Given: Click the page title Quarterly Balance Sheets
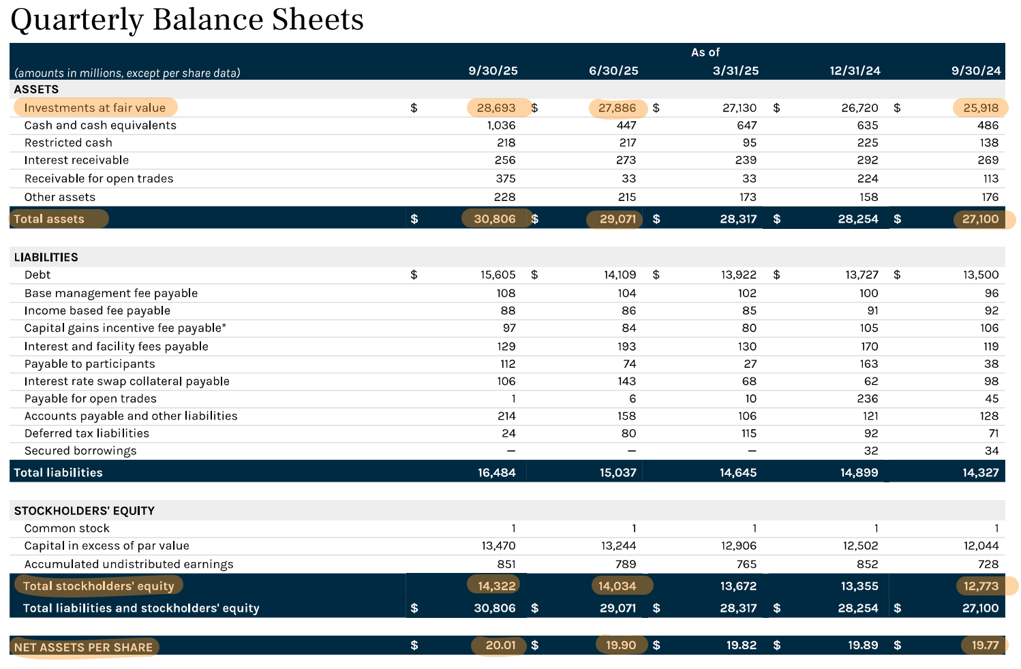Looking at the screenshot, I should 187,19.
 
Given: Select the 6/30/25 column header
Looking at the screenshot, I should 613,71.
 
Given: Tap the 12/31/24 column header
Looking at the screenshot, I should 855,71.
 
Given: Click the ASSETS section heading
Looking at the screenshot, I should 36,89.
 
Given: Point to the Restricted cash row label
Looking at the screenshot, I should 68,142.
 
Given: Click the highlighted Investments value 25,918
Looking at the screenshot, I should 981,108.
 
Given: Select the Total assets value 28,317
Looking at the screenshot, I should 738,219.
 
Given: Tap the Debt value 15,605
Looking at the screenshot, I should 498,275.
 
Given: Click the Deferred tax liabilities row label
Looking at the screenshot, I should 87,433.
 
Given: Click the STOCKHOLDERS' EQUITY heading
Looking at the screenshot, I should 84,510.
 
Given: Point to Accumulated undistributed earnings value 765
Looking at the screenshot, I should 746,564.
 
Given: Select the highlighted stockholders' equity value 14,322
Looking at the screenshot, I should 496,586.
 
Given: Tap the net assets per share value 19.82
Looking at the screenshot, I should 741,645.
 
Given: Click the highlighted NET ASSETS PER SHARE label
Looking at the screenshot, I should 83,647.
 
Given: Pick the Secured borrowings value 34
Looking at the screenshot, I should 991,451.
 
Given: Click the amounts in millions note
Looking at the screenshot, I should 127,73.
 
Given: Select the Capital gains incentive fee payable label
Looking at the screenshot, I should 125,328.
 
